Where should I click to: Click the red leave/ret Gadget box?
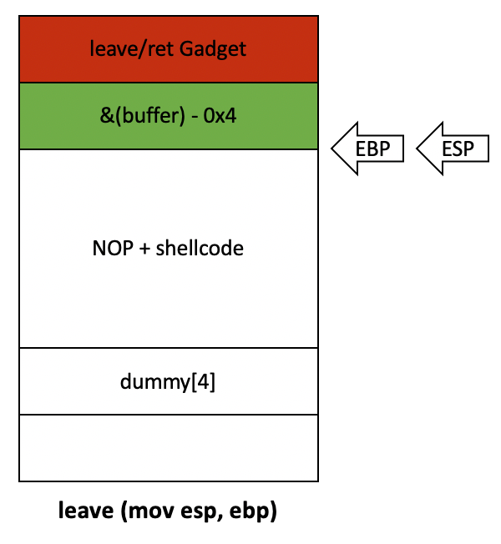[168, 48]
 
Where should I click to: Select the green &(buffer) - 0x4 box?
[168, 116]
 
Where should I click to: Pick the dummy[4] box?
[168, 381]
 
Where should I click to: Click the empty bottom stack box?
[168, 448]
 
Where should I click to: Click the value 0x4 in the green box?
[221, 116]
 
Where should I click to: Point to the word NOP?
[109, 249]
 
